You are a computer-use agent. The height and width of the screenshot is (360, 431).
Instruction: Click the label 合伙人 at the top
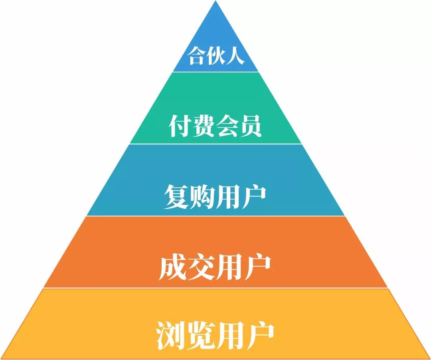[216, 57]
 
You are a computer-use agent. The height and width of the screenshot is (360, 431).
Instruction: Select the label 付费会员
[215, 126]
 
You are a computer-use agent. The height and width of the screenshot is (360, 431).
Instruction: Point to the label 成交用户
[215, 268]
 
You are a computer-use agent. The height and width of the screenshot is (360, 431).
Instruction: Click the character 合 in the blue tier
[197, 57]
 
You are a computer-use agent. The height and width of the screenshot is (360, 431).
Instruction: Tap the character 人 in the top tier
[235, 57]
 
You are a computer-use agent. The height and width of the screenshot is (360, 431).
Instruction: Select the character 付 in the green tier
[180, 126]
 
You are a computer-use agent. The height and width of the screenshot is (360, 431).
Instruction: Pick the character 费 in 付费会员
[204, 126]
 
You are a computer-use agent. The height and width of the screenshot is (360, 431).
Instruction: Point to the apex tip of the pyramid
[216, 2]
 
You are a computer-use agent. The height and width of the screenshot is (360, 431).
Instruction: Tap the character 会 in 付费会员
[227, 126]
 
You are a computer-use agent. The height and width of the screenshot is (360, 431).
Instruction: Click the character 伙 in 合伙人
[216, 57]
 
